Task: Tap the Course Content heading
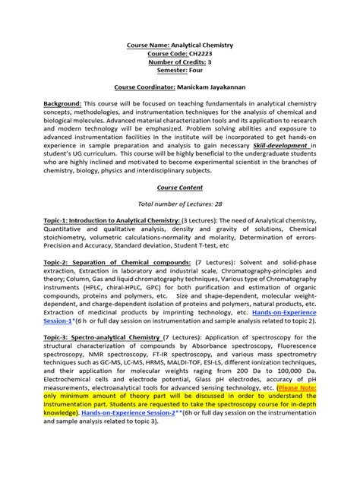[x=179, y=185]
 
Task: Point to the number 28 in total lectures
[x=214, y=204]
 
